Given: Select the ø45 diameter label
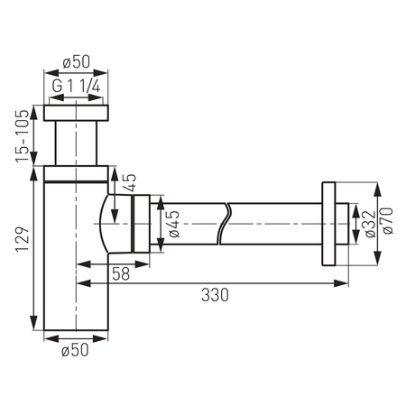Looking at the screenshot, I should (x=171, y=222).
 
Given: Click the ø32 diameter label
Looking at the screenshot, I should (x=366, y=222).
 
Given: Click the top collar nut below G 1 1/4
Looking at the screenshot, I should (x=76, y=114).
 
